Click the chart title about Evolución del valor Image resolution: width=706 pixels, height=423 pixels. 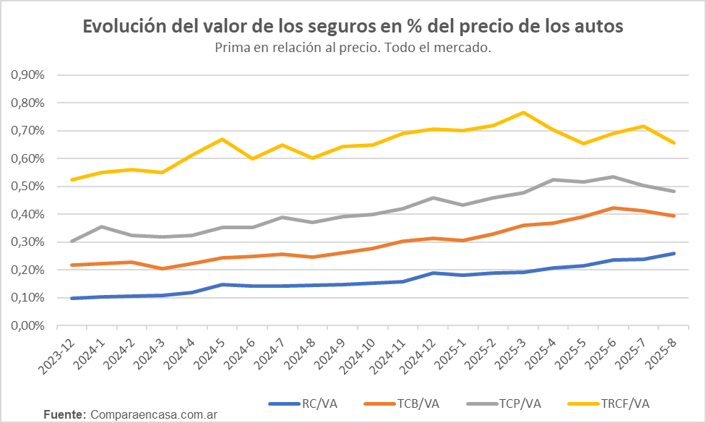pos(353,27)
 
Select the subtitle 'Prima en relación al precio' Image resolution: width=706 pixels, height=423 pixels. pos(353,48)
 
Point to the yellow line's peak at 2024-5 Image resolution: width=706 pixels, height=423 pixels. pos(223,139)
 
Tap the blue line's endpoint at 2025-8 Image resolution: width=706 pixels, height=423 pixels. pos(673,253)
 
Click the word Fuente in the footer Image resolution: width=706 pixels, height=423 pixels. pos(65,414)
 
